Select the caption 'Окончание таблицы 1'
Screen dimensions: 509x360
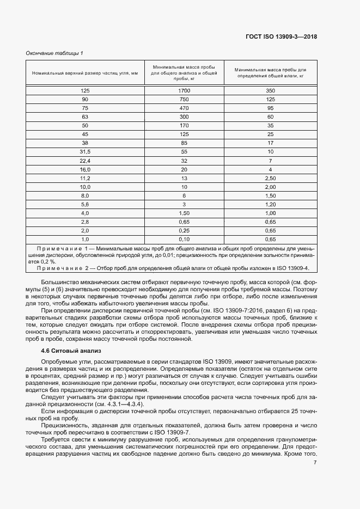point(54,53)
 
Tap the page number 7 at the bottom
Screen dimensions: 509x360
point(315,462)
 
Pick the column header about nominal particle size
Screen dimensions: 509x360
point(84,72)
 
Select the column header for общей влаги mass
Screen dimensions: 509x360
point(270,72)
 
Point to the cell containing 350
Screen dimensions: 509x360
point(270,90)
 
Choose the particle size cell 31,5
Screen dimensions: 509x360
point(84,151)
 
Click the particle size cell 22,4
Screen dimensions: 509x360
point(84,160)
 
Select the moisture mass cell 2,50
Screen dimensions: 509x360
point(270,177)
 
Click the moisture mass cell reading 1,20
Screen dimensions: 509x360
point(270,204)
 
